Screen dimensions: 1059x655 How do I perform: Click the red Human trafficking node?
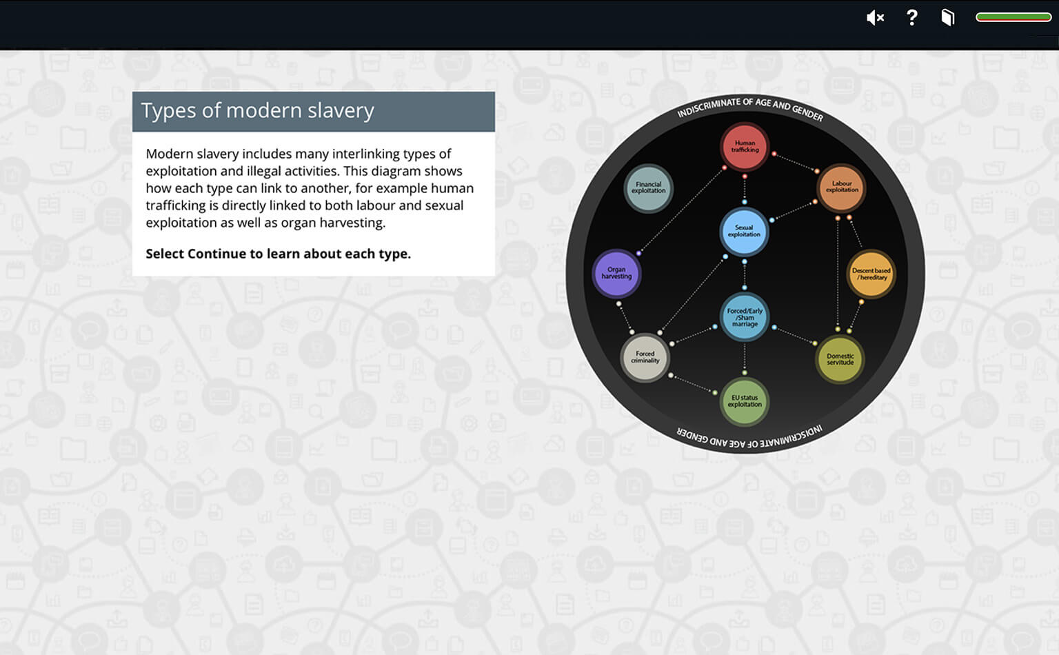click(745, 146)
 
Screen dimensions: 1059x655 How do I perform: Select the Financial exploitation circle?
click(648, 188)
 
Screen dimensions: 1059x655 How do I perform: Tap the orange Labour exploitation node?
click(842, 188)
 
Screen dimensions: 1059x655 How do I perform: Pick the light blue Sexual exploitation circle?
click(744, 231)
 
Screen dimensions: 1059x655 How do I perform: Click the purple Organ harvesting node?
click(616, 273)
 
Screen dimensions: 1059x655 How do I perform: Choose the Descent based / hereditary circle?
click(871, 274)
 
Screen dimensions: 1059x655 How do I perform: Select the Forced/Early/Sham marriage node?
click(745, 317)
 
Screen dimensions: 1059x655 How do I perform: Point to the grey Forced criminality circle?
click(645, 357)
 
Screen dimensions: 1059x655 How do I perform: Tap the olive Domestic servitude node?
click(840, 359)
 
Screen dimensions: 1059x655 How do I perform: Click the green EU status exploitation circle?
click(745, 401)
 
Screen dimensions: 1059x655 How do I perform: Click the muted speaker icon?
click(875, 18)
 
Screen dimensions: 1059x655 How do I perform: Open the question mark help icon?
click(912, 17)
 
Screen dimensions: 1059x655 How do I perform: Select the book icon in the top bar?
click(948, 17)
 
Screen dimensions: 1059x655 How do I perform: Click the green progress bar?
click(1013, 17)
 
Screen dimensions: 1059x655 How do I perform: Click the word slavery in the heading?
click(341, 110)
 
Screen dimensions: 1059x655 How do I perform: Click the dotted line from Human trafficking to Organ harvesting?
click(681, 210)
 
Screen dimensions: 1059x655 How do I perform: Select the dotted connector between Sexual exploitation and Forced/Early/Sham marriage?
click(745, 274)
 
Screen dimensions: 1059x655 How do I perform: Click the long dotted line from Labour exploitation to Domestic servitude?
click(838, 273)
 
